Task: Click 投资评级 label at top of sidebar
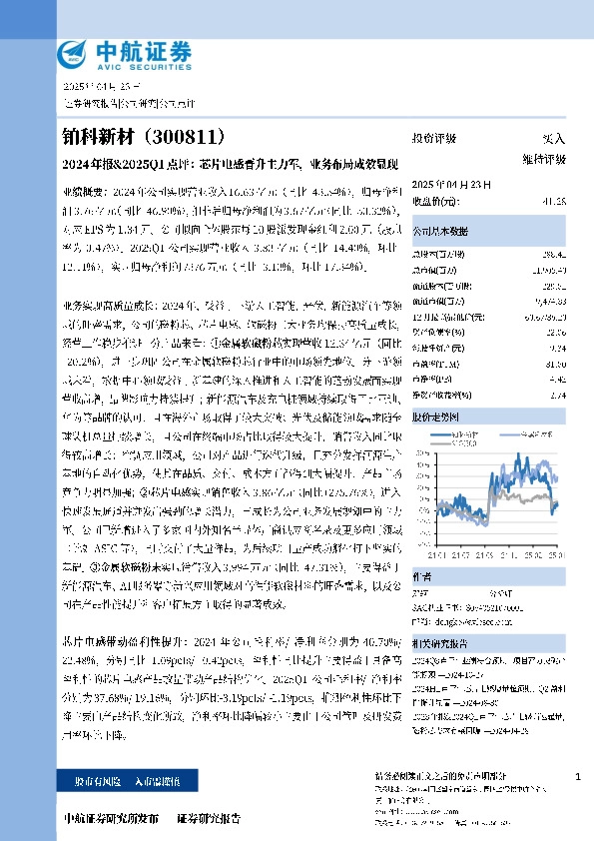433,138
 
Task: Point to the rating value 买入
552,138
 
